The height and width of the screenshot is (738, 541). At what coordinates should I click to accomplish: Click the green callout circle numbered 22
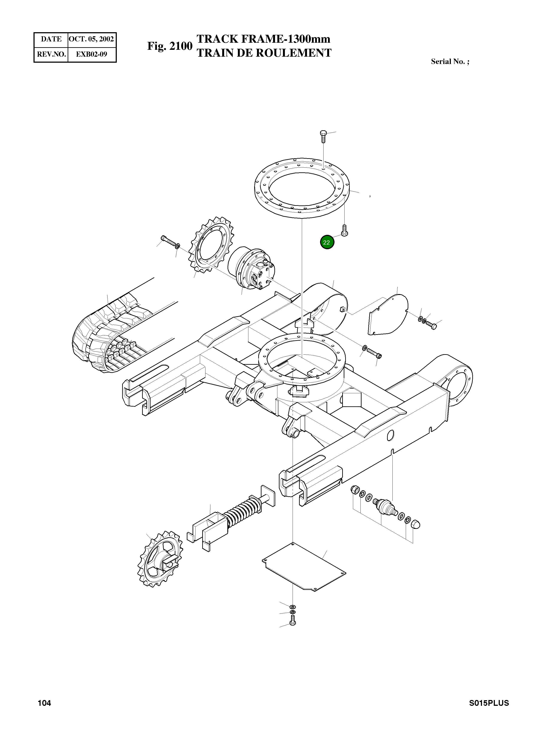327,242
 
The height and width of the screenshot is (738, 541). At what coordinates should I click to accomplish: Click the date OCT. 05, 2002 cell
91,39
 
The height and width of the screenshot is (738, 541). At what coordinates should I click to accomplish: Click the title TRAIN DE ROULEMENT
264,53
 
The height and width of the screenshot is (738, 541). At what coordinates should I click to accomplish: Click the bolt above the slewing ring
323,135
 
